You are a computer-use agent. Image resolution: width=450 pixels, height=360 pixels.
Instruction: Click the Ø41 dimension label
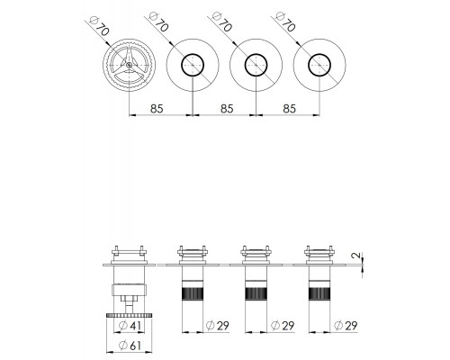[130, 326]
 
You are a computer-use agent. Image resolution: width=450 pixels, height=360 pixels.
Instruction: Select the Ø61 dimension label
[130, 346]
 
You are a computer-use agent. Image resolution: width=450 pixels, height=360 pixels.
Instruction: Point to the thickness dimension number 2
[356, 256]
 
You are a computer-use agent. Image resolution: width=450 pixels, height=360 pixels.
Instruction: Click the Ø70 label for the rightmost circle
[285, 22]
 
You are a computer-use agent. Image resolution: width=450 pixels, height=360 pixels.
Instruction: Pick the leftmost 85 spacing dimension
[157, 109]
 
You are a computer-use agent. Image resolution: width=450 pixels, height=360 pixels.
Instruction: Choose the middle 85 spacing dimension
[227, 109]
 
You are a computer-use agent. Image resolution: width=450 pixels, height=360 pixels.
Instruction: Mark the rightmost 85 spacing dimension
[290, 109]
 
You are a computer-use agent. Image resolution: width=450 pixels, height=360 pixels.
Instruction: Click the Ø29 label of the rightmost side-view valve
[346, 326]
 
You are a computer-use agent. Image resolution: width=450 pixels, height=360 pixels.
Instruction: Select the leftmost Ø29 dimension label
[218, 326]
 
